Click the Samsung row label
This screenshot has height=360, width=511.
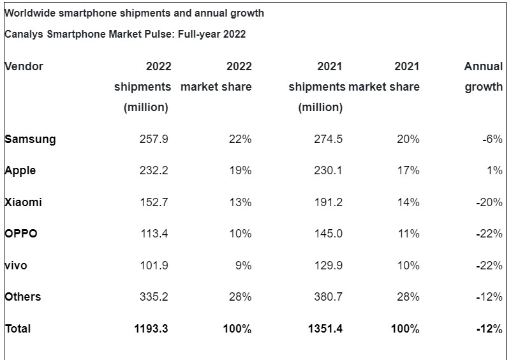coord(30,139)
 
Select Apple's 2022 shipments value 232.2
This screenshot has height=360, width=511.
coord(154,170)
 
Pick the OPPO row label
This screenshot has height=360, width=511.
coord(21,234)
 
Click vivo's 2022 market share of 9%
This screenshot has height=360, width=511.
coord(243,265)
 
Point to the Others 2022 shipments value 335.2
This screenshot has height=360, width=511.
coord(154,297)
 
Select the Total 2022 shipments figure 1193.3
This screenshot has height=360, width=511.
coord(151,329)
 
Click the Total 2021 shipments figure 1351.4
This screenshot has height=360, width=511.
coord(325,329)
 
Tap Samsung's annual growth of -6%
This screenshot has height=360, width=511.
coord(492,139)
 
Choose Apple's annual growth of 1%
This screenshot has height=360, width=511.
coord(496,170)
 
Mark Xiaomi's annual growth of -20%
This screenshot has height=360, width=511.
coord(489,202)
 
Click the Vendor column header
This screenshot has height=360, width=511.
coord(24,66)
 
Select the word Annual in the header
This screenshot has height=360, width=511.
coord(484,66)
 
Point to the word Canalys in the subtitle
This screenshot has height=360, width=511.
coord(23,34)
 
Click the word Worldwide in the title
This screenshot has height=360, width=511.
coord(29,13)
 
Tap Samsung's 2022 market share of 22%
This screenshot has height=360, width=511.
coord(240,139)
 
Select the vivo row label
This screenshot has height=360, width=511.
coord(16,265)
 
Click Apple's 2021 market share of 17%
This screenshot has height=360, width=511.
coord(408,170)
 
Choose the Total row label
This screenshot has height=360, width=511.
coord(18,329)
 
